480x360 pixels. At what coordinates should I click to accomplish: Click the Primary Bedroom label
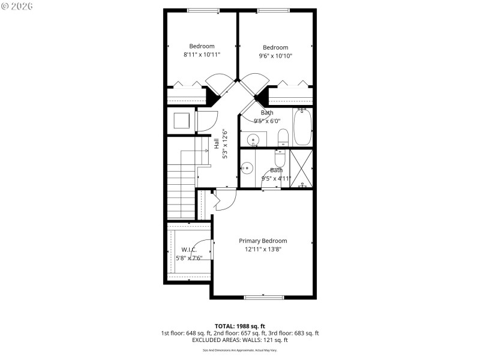pos(263,241)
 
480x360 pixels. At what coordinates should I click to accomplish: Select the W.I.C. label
pos(188,250)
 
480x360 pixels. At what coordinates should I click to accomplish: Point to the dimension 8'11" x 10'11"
pos(202,55)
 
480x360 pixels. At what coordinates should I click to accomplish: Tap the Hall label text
pos(217,144)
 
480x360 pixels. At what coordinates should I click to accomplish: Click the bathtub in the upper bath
pos(302,127)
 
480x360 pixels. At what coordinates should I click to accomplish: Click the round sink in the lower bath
pos(246,168)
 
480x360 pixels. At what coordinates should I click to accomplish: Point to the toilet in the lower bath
pos(280,159)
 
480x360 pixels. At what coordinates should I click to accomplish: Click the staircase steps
pos(181,192)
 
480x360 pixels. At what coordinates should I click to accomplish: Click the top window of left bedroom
pos(203,10)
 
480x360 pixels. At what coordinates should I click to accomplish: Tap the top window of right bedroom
pos(274,10)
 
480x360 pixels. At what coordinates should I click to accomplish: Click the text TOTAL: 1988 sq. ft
pos(239,326)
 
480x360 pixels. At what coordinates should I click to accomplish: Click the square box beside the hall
pos(182,121)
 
